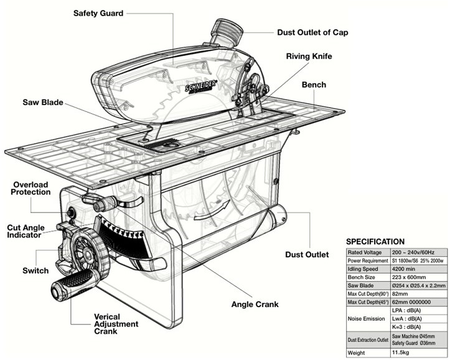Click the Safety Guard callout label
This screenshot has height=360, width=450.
tap(98, 13)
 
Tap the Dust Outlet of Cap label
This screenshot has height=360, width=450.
tap(312, 32)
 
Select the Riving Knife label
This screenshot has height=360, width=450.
tap(309, 57)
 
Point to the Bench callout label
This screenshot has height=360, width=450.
tap(314, 85)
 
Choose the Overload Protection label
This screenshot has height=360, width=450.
tap(32, 188)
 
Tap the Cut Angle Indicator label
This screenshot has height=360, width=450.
tap(24, 231)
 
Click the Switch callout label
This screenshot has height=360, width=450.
tap(35, 271)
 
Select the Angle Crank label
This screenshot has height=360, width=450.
tap(255, 305)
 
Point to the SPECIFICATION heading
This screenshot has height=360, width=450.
tap(375, 241)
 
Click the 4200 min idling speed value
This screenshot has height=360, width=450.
tap(404, 269)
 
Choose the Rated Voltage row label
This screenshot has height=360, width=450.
tap(367, 252)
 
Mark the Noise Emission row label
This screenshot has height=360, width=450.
tap(367, 319)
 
